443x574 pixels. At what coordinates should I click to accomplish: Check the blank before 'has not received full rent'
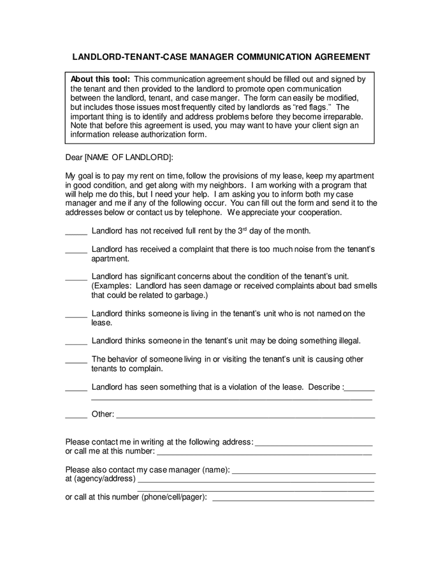(76, 232)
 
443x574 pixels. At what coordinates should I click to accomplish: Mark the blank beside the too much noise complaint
(76, 251)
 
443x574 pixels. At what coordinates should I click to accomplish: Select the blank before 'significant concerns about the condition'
(76, 277)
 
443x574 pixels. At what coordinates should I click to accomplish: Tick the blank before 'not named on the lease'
(76, 314)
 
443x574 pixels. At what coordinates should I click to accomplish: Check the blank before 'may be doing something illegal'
(76, 341)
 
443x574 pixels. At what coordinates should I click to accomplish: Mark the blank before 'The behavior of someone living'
(76, 360)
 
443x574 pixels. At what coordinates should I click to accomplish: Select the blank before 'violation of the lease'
(76, 388)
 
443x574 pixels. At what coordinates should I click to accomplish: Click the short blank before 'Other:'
(76, 415)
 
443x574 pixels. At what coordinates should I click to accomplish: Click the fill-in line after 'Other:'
(245, 416)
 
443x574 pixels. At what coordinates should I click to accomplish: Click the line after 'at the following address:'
(314, 443)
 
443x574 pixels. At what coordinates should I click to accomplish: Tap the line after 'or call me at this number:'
(265, 453)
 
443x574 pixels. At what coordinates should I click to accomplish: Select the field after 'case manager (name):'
(304, 471)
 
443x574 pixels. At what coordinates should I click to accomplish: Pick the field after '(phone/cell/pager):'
(293, 499)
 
